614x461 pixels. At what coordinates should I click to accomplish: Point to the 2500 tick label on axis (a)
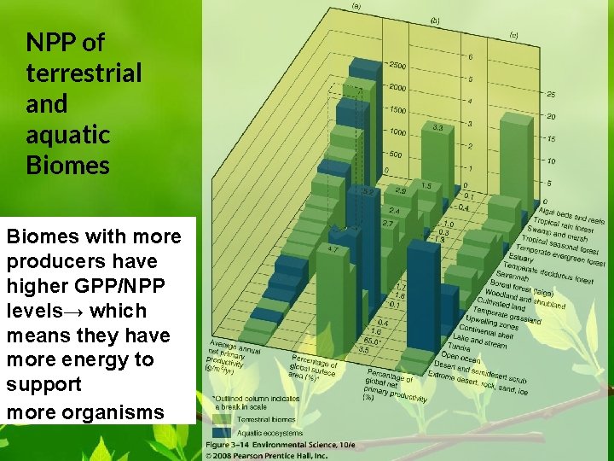(397, 66)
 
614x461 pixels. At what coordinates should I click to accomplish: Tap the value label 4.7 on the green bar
(333, 248)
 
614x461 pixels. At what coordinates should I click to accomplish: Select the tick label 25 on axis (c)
(551, 94)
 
